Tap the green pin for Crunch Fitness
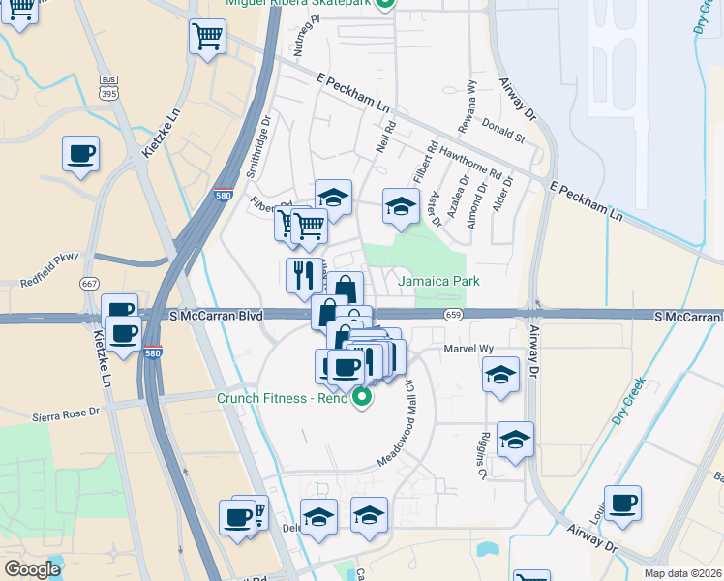(x=362, y=396)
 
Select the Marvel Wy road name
(x=469, y=349)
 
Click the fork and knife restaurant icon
(x=304, y=275)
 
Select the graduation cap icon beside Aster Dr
(x=401, y=206)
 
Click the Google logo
(x=32, y=569)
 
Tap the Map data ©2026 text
(x=682, y=573)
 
